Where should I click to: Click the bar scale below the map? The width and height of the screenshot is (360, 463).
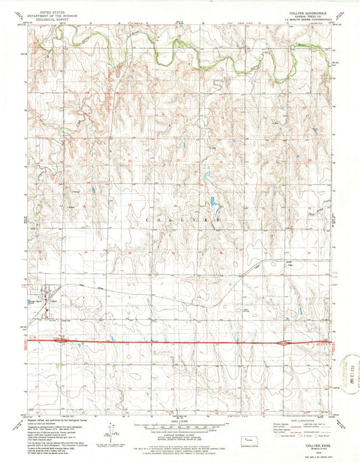[179, 425]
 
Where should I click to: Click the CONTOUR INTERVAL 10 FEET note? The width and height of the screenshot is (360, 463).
[180, 433]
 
